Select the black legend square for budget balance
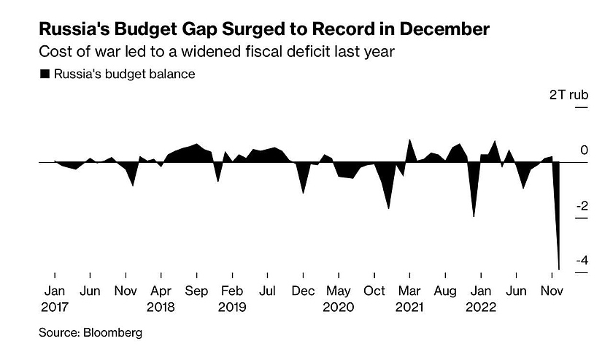point(45,74)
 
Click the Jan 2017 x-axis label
point(54,299)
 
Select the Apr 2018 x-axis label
point(161,299)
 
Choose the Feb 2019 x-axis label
point(232,299)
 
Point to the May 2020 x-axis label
point(339,299)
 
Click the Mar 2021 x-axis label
point(409,299)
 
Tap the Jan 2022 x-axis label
point(480,299)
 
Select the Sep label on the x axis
point(196,291)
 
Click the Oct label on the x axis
point(374,291)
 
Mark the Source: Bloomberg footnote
point(90,333)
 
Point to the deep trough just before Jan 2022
point(474,216)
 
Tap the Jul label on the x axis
point(267,291)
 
